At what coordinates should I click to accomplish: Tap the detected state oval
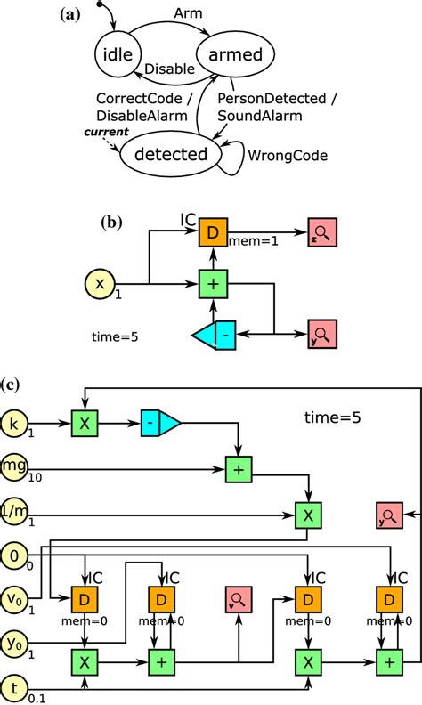click(176, 153)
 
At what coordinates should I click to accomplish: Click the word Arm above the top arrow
click(183, 15)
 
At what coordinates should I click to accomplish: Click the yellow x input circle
click(100, 284)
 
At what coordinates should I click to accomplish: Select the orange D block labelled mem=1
click(212, 233)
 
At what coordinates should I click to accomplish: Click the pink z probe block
click(321, 233)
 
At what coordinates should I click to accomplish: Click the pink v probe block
click(239, 600)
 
